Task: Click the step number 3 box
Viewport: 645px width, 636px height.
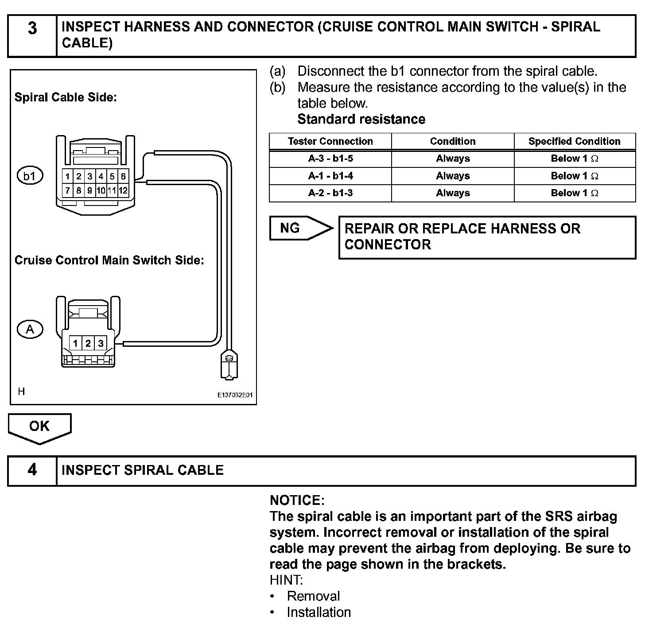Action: (32, 35)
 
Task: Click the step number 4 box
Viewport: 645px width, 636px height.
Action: (32, 470)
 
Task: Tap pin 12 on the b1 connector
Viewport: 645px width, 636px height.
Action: (123, 191)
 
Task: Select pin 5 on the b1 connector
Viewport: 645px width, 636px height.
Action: (112, 176)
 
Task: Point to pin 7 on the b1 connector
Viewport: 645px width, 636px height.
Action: (67, 191)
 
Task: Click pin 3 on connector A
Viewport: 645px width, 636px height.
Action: (101, 343)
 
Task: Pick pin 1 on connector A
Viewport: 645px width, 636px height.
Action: (76, 343)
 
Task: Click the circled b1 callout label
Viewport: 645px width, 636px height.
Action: (30, 177)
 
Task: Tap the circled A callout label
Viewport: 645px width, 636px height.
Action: (30, 330)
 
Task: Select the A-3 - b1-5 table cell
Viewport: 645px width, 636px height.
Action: (330, 159)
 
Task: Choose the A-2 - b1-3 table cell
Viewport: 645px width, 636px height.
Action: (330, 193)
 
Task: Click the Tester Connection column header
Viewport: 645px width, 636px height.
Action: (330, 141)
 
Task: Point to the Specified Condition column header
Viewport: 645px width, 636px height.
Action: (574, 141)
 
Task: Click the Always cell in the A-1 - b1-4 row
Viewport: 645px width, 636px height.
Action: (452, 176)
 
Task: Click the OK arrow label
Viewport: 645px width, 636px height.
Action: (39, 427)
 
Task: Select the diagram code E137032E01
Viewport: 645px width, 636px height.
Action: (235, 395)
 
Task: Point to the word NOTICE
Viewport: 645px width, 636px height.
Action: (297, 500)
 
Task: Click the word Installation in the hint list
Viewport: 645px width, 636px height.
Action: (319, 612)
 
